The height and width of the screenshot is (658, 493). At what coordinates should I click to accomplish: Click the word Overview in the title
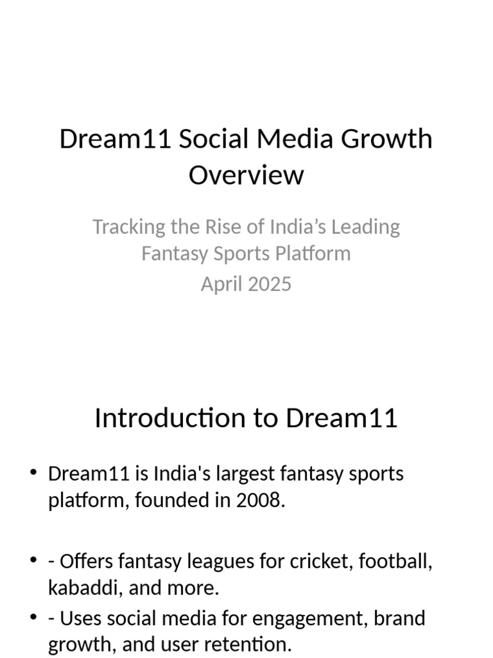pos(246,175)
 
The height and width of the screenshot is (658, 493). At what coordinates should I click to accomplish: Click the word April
pos(218,284)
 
